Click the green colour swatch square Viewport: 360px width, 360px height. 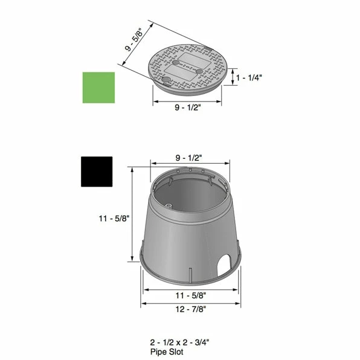(98, 88)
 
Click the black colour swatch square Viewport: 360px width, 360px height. (97, 172)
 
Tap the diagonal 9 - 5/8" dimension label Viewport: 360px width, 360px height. (134, 39)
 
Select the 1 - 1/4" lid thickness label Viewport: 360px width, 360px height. (249, 77)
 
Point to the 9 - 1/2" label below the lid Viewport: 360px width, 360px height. (188, 108)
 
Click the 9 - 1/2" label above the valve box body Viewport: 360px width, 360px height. (188, 158)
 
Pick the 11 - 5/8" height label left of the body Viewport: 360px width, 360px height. (114, 218)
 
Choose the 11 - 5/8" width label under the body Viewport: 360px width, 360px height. (191, 295)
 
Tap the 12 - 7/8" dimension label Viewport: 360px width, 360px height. (191, 309)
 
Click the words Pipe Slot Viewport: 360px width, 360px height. (167, 352)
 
